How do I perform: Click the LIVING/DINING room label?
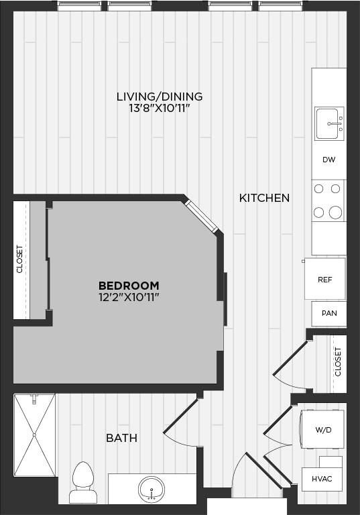click(159, 97)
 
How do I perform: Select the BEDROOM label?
click(129, 285)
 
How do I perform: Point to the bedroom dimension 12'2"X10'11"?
click(129, 296)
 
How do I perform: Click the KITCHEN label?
click(264, 198)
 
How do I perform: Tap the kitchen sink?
click(329, 123)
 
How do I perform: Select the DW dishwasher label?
click(328, 160)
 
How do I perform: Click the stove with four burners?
click(328, 202)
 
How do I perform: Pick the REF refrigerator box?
click(325, 279)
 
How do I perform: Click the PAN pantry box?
click(328, 313)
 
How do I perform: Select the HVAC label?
click(322, 479)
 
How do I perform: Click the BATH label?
click(121, 438)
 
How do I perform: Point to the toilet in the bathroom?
click(83, 481)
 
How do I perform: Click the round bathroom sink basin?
click(152, 488)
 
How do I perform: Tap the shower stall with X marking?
click(34, 435)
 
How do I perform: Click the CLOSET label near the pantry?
click(338, 361)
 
